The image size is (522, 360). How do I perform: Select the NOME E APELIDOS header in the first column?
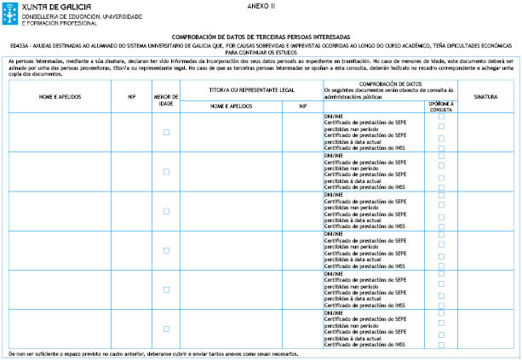[x=59, y=97]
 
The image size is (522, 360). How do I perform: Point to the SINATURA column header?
[x=485, y=97]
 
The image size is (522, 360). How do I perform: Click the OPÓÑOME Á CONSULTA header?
[x=440, y=106]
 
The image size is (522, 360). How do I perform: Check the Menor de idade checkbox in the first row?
[x=166, y=132]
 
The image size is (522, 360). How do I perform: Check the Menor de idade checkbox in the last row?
[x=166, y=329]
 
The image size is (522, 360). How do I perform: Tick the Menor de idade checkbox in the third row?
[x=166, y=210]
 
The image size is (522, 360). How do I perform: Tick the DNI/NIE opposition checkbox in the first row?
[x=441, y=117]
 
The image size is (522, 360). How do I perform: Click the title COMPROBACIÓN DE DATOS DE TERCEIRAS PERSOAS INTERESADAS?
[x=261, y=37]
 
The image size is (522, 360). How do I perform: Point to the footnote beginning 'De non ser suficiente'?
[x=153, y=353]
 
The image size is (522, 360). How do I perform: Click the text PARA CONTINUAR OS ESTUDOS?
[x=261, y=52]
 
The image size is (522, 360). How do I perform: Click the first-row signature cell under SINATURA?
[x=485, y=132]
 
